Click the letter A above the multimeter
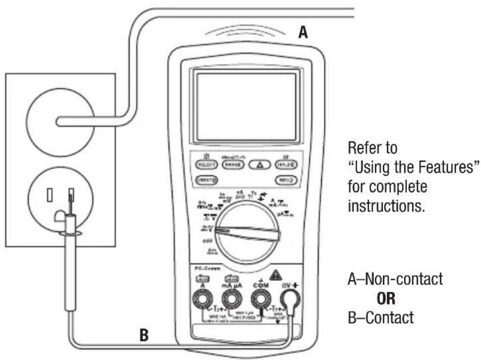pos(303,33)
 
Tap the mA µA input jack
pos(229,300)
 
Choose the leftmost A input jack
pos(201,300)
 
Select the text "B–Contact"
pos(380,317)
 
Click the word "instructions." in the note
pos(386,206)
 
